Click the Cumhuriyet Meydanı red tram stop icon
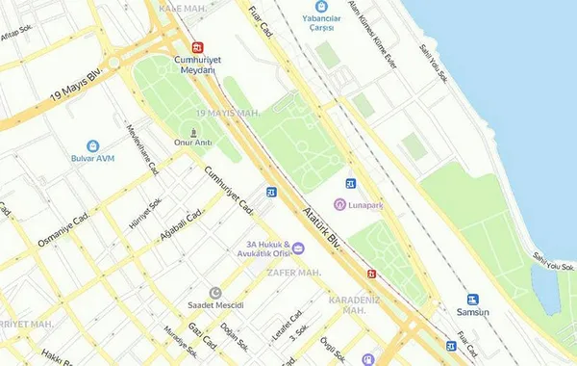point(198,46)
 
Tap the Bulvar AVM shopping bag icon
point(93,145)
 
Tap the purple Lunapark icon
point(339,205)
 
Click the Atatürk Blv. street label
point(322,226)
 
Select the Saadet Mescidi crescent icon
point(214,293)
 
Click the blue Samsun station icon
point(472,300)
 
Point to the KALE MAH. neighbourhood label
point(183,8)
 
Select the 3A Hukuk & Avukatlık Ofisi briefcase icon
point(298,248)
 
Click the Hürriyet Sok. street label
point(146,214)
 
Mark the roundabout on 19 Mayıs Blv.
point(115,63)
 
